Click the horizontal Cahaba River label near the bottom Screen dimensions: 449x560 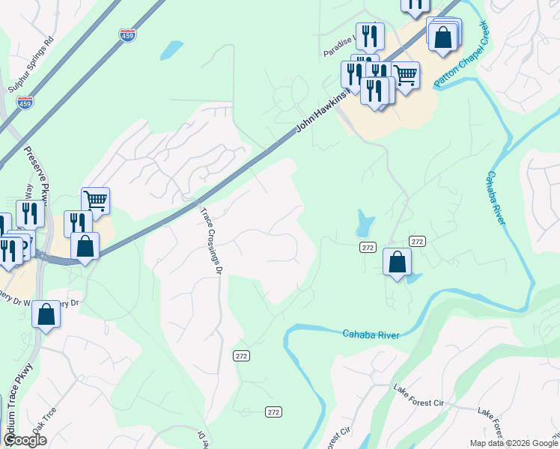tap(371, 334)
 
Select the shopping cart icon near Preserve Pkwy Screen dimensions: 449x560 tap(95, 200)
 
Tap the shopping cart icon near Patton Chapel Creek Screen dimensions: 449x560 tap(405, 74)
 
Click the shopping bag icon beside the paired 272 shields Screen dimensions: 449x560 tap(397, 261)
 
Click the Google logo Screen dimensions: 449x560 tap(25, 440)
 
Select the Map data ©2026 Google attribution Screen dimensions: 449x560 tap(513, 443)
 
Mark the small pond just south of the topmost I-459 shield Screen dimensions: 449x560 tap(171, 50)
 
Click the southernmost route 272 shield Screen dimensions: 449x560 tap(274, 412)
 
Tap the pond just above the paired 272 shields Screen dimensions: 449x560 tap(365, 222)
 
